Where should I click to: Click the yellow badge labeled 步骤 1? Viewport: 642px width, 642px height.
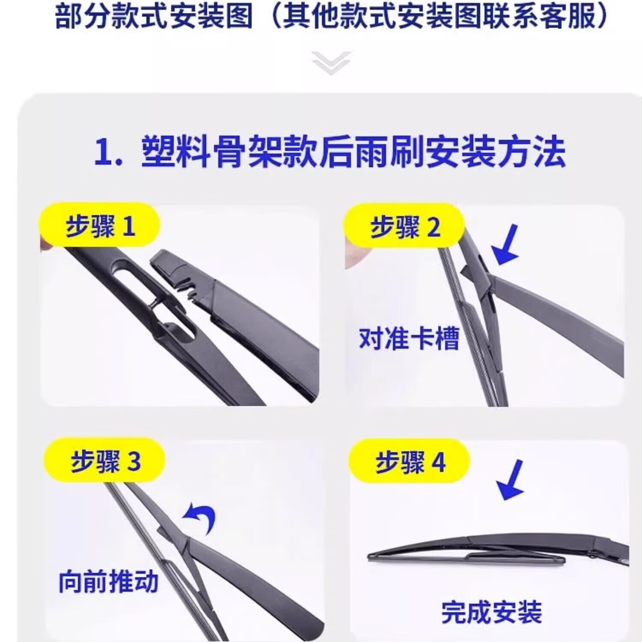click(x=99, y=226)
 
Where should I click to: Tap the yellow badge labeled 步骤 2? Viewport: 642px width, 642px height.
click(x=404, y=226)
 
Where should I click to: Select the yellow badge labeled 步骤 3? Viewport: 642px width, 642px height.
click(x=105, y=461)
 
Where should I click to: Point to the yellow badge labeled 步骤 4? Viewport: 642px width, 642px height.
click(x=410, y=462)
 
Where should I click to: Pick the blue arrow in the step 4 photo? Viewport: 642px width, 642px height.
click(x=511, y=480)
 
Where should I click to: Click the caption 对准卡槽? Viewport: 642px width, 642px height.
click(x=409, y=339)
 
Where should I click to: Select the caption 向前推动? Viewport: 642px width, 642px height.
click(x=108, y=582)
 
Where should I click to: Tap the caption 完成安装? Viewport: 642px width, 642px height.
click(x=491, y=612)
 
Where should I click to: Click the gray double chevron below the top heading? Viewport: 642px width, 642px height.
click(x=331, y=63)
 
